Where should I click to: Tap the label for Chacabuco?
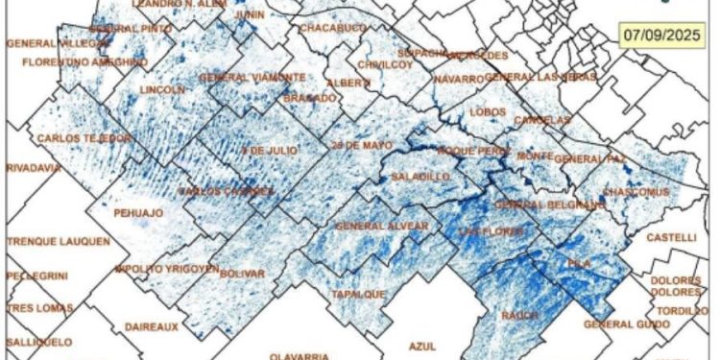pos(332,29)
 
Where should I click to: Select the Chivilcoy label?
pos(383,64)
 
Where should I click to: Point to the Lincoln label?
pos(161,90)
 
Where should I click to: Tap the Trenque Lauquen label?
pos(58,241)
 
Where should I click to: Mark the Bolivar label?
pos(242,275)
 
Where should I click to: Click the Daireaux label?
pos(152,326)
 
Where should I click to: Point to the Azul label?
pos(422,344)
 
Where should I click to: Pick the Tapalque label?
pos(358,294)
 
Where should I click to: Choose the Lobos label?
pos(489,111)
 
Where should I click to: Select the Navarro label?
pos(458,79)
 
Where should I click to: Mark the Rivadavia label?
pos(33,167)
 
